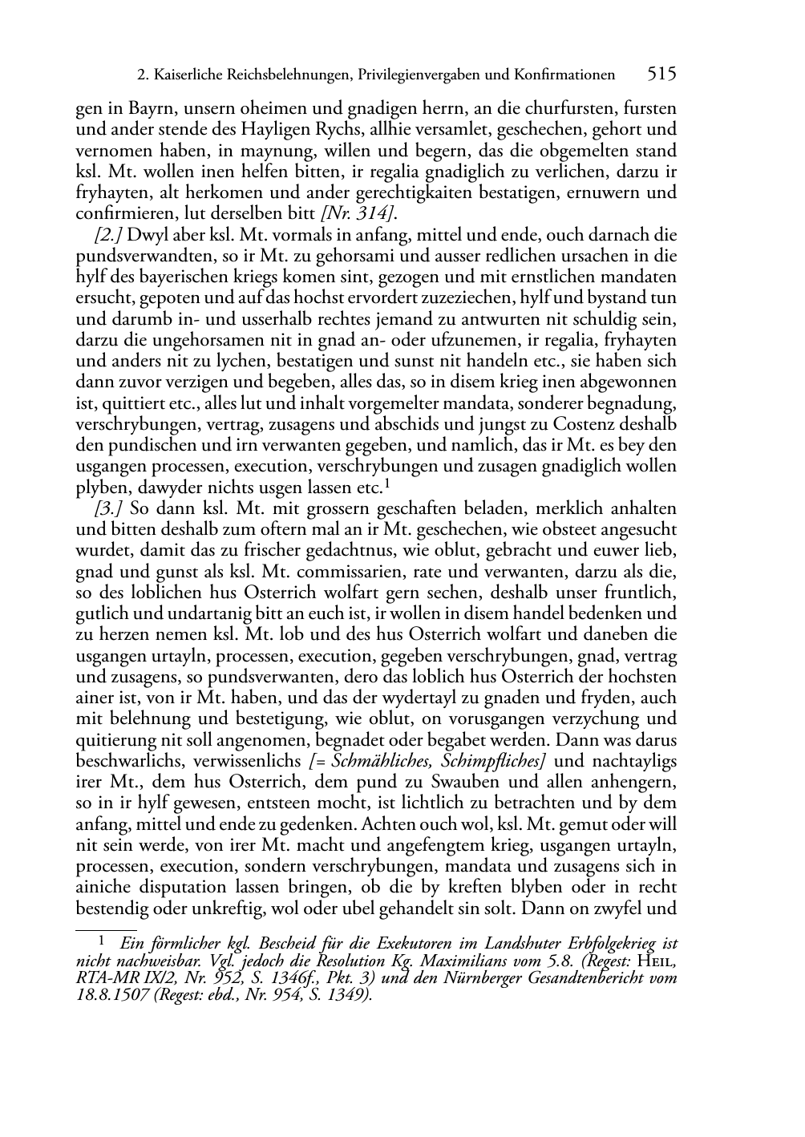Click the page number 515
(x=661, y=75)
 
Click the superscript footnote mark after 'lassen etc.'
(x=387, y=483)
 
